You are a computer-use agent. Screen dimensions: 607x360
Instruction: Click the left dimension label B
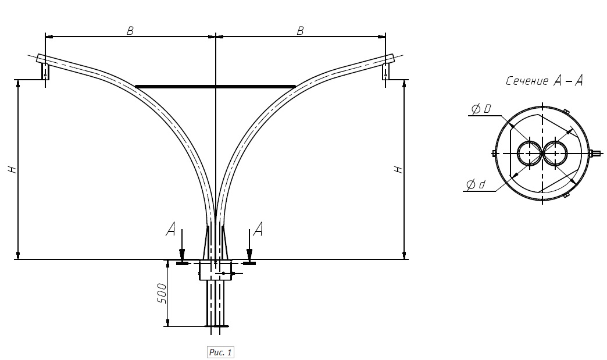tap(130, 31)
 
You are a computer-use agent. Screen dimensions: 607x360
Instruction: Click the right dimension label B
tap(301, 31)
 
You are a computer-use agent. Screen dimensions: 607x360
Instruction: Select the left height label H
tap(13, 169)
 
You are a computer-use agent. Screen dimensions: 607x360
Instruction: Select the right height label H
tap(398, 169)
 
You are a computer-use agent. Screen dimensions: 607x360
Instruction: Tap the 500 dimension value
tap(162, 294)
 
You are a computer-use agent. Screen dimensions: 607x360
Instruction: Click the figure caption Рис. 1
tap(220, 352)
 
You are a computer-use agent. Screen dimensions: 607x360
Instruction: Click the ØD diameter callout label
tap(481, 109)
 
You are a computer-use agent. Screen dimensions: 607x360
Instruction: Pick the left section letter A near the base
tap(170, 229)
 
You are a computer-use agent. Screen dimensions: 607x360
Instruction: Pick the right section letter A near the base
tap(258, 229)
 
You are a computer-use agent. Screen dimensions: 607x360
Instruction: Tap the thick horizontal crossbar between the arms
tap(215, 86)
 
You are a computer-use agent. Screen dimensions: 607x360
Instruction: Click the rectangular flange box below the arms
tap(215, 270)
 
